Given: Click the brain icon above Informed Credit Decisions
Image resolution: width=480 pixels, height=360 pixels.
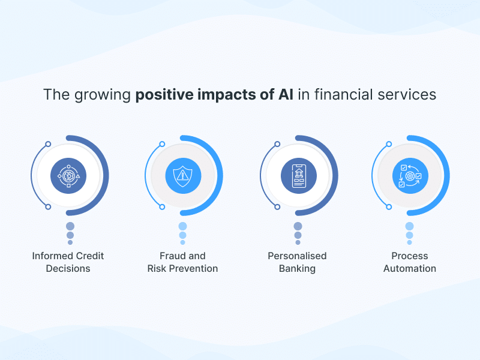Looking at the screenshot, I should [x=68, y=176].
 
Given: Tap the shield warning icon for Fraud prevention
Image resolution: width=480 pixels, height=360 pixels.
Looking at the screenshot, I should [x=182, y=176].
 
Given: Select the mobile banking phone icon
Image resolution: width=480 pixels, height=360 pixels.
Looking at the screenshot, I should [x=298, y=176].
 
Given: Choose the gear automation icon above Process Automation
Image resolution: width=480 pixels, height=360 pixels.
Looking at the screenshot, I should [x=410, y=176].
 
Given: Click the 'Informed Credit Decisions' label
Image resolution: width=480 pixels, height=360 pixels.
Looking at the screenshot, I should [x=68, y=262].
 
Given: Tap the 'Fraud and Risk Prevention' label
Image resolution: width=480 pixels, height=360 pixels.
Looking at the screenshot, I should [x=182, y=262].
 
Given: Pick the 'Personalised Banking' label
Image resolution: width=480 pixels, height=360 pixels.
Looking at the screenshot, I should [x=297, y=262].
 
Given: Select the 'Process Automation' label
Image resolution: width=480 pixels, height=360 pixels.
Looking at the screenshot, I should [x=410, y=262].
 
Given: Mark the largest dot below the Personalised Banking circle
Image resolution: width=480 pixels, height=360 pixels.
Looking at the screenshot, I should [x=298, y=226].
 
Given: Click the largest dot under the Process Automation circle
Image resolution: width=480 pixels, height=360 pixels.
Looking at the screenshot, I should [x=409, y=226].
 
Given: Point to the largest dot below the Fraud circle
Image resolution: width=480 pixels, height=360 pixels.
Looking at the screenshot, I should [x=182, y=226].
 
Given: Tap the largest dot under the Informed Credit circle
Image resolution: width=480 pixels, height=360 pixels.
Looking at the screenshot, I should [x=70, y=226].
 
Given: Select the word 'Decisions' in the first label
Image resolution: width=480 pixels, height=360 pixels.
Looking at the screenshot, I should [x=68, y=269].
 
